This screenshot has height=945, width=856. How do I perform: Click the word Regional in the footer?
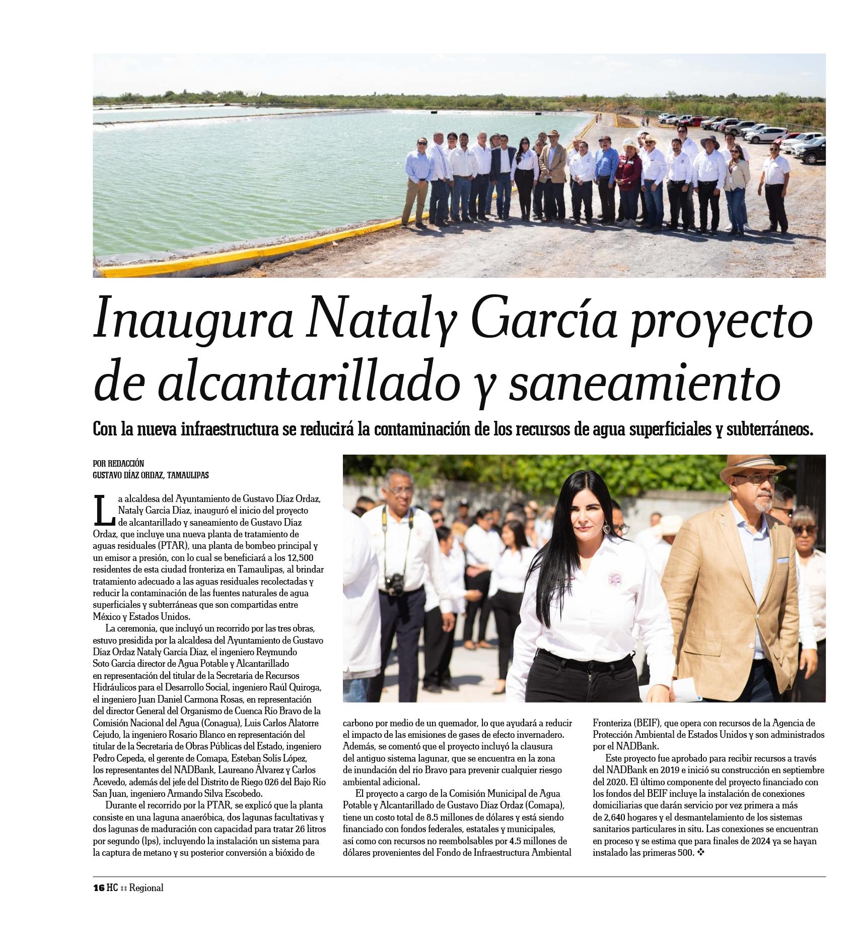[x=146, y=888]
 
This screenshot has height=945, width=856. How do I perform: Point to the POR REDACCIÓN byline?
[x=118, y=463]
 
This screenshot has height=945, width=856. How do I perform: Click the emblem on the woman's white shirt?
[x=615, y=579]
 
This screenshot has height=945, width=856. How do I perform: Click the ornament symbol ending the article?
[x=700, y=852]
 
